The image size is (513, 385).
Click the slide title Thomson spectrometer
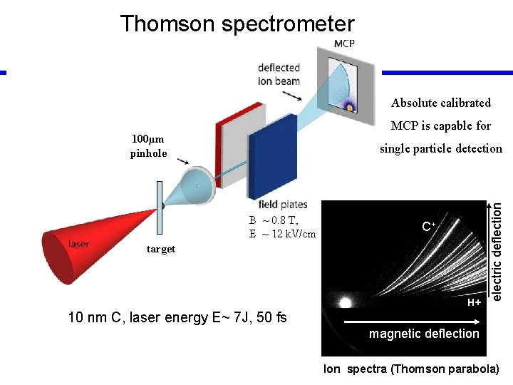point(237,24)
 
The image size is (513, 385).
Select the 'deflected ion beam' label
point(279,74)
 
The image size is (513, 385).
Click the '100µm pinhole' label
point(148,146)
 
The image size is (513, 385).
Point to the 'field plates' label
point(284,205)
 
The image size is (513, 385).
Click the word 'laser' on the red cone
point(79,245)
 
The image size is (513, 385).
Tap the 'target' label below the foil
point(160,249)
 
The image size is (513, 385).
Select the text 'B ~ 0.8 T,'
point(274,220)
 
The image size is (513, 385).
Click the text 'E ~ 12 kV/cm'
point(282,234)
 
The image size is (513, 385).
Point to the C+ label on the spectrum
point(428,227)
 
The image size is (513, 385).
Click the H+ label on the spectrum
point(474,303)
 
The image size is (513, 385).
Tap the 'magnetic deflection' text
point(424,334)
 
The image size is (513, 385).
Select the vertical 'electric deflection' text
point(499,251)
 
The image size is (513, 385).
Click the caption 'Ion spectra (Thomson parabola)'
point(411,369)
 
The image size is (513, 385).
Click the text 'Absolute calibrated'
point(441,103)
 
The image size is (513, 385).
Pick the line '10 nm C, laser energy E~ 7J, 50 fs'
point(177,317)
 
